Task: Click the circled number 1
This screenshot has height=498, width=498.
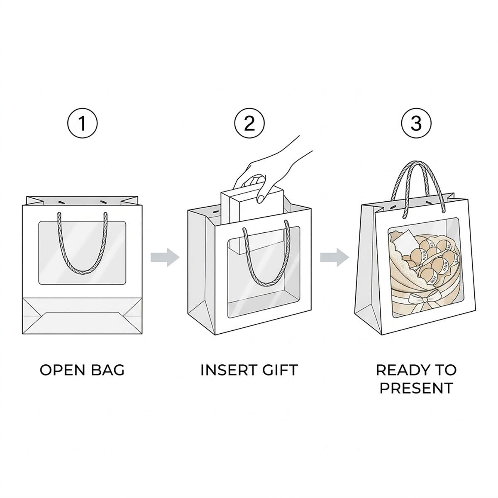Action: pos(82,123)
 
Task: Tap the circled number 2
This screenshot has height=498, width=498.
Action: pos(249,123)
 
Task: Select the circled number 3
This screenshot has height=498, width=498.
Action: pos(416,123)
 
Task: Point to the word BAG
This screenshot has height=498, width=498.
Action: pos(107,370)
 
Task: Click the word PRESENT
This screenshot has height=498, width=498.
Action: pos(416,388)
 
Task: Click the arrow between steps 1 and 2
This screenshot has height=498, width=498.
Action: pos(165,257)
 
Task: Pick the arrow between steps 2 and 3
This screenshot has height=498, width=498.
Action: pos(334,257)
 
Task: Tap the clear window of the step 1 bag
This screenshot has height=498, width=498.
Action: pos(82,253)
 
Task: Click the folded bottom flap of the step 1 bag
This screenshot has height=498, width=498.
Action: pos(82,315)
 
